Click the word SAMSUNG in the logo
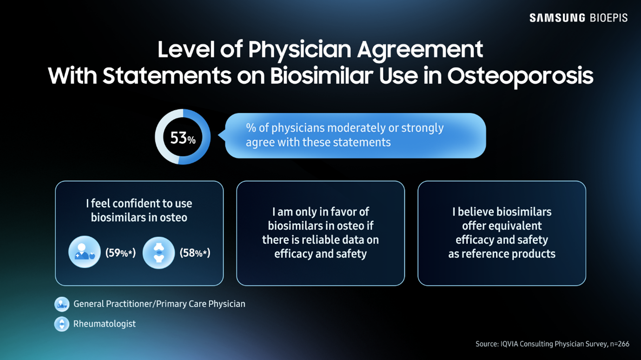(557, 18)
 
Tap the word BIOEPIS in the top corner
(608, 18)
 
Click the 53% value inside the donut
(183, 138)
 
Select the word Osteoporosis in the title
(520, 76)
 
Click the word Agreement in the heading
(420, 50)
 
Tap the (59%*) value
(120, 253)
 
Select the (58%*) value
(195, 253)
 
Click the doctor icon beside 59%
(85, 252)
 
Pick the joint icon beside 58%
(159, 253)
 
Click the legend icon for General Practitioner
(62, 304)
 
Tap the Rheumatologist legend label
(105, 324)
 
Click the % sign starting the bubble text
(251, 128)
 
